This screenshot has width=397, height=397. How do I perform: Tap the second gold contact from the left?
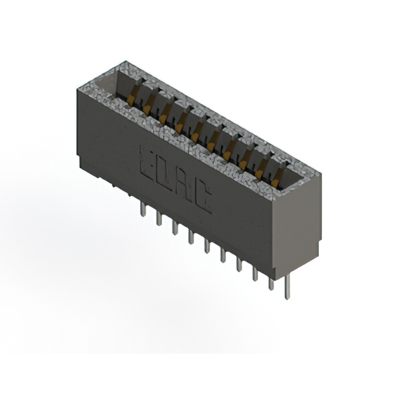pos(148,109)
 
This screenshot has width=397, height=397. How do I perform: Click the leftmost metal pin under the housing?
pos(142,212)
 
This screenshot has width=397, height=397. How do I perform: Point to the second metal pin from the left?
pos(159,220)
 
